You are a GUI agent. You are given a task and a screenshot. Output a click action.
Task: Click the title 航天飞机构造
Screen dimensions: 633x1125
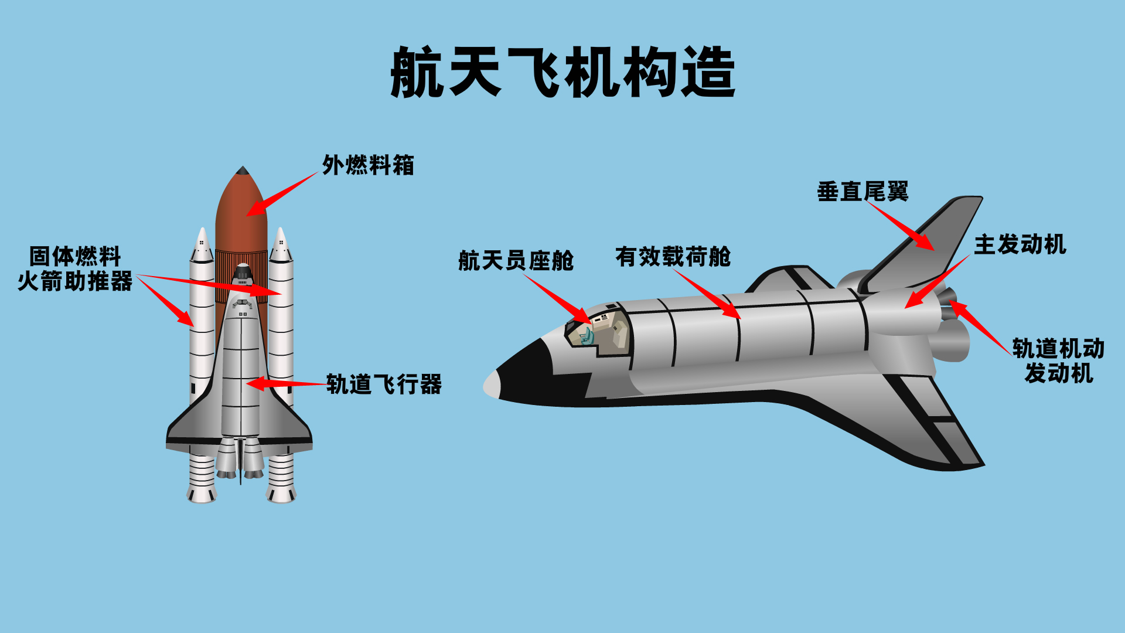pos(562,73)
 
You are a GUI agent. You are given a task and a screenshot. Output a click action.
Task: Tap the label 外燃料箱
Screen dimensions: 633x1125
pos(368,165)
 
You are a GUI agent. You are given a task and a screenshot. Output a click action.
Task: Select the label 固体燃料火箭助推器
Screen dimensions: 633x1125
pos(75,269)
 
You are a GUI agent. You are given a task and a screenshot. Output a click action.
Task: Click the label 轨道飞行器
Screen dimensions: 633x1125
pos(384,384)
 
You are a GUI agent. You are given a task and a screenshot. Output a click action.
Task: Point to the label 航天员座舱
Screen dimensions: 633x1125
pos(516,261)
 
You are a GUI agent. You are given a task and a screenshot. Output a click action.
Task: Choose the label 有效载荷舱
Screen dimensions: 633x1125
pos(673,257)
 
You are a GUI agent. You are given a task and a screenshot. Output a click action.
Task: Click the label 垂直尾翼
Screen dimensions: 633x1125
pos(862,192)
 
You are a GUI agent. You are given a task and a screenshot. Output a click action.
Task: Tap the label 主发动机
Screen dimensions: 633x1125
pos(1020,244)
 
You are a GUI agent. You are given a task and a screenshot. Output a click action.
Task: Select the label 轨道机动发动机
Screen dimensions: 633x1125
pos(1058,361)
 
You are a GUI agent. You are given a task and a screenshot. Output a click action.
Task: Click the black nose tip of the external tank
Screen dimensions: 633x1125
pos(242,171)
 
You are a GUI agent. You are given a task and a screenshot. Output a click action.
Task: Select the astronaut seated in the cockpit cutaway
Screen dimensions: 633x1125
pos(586,336)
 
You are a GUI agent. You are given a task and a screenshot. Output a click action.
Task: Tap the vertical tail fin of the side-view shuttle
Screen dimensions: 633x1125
pos(937,234)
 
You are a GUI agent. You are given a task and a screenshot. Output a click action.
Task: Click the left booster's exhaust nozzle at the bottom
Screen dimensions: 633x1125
pos(202,494)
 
